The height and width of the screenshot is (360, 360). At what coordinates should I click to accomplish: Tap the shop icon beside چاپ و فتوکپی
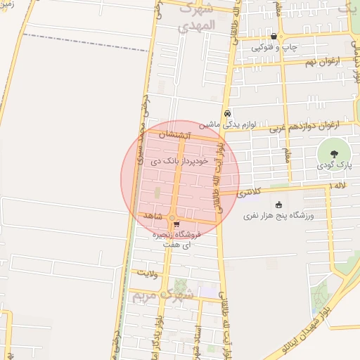274,37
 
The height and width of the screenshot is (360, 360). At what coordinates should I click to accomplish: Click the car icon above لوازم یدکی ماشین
228,113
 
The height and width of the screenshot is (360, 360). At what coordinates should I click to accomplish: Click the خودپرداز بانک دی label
179,162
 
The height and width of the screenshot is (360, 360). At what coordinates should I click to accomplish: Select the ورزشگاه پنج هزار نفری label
271,216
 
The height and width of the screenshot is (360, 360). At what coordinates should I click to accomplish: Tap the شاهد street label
153,213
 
